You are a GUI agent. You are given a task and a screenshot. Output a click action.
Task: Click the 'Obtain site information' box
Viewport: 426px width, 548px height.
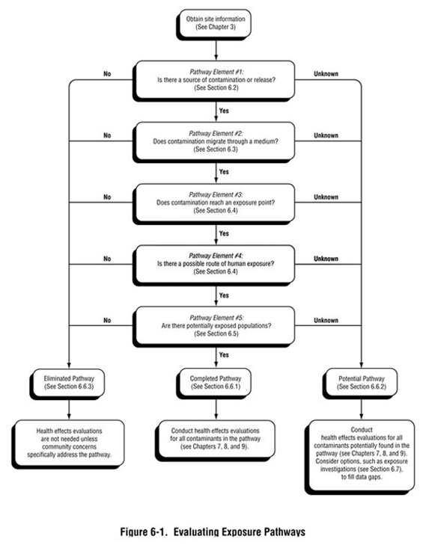[x=214, y=22]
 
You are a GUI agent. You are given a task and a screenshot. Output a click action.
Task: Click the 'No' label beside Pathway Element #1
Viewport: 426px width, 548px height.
[x=106, y=73]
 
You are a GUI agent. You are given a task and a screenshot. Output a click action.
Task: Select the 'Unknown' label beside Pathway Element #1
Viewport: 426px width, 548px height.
[x=326, y=73]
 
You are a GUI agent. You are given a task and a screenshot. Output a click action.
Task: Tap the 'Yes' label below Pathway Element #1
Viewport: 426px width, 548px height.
[x=223, y=110]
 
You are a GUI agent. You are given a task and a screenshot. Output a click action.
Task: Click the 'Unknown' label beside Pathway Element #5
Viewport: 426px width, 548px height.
[x=326, y=320]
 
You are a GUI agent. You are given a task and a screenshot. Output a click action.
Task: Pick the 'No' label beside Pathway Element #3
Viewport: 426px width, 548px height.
[x=106, y=197]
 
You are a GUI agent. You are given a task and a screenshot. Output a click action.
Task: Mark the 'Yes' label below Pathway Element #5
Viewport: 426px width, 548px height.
[x=223, y=354]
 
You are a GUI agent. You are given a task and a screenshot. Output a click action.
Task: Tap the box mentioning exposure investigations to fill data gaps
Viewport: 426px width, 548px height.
[x=362, y=455]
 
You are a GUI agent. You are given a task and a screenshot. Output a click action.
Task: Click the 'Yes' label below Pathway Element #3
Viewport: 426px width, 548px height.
[x=223, y=233]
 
